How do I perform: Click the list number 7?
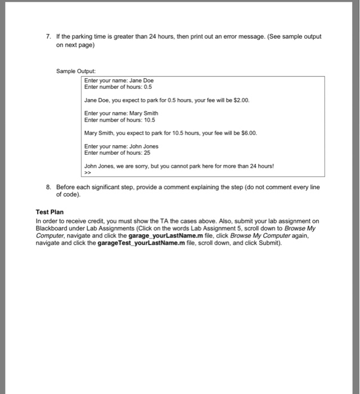point(48,37)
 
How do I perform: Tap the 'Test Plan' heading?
point(50,212)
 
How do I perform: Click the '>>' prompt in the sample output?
point(87,172)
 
